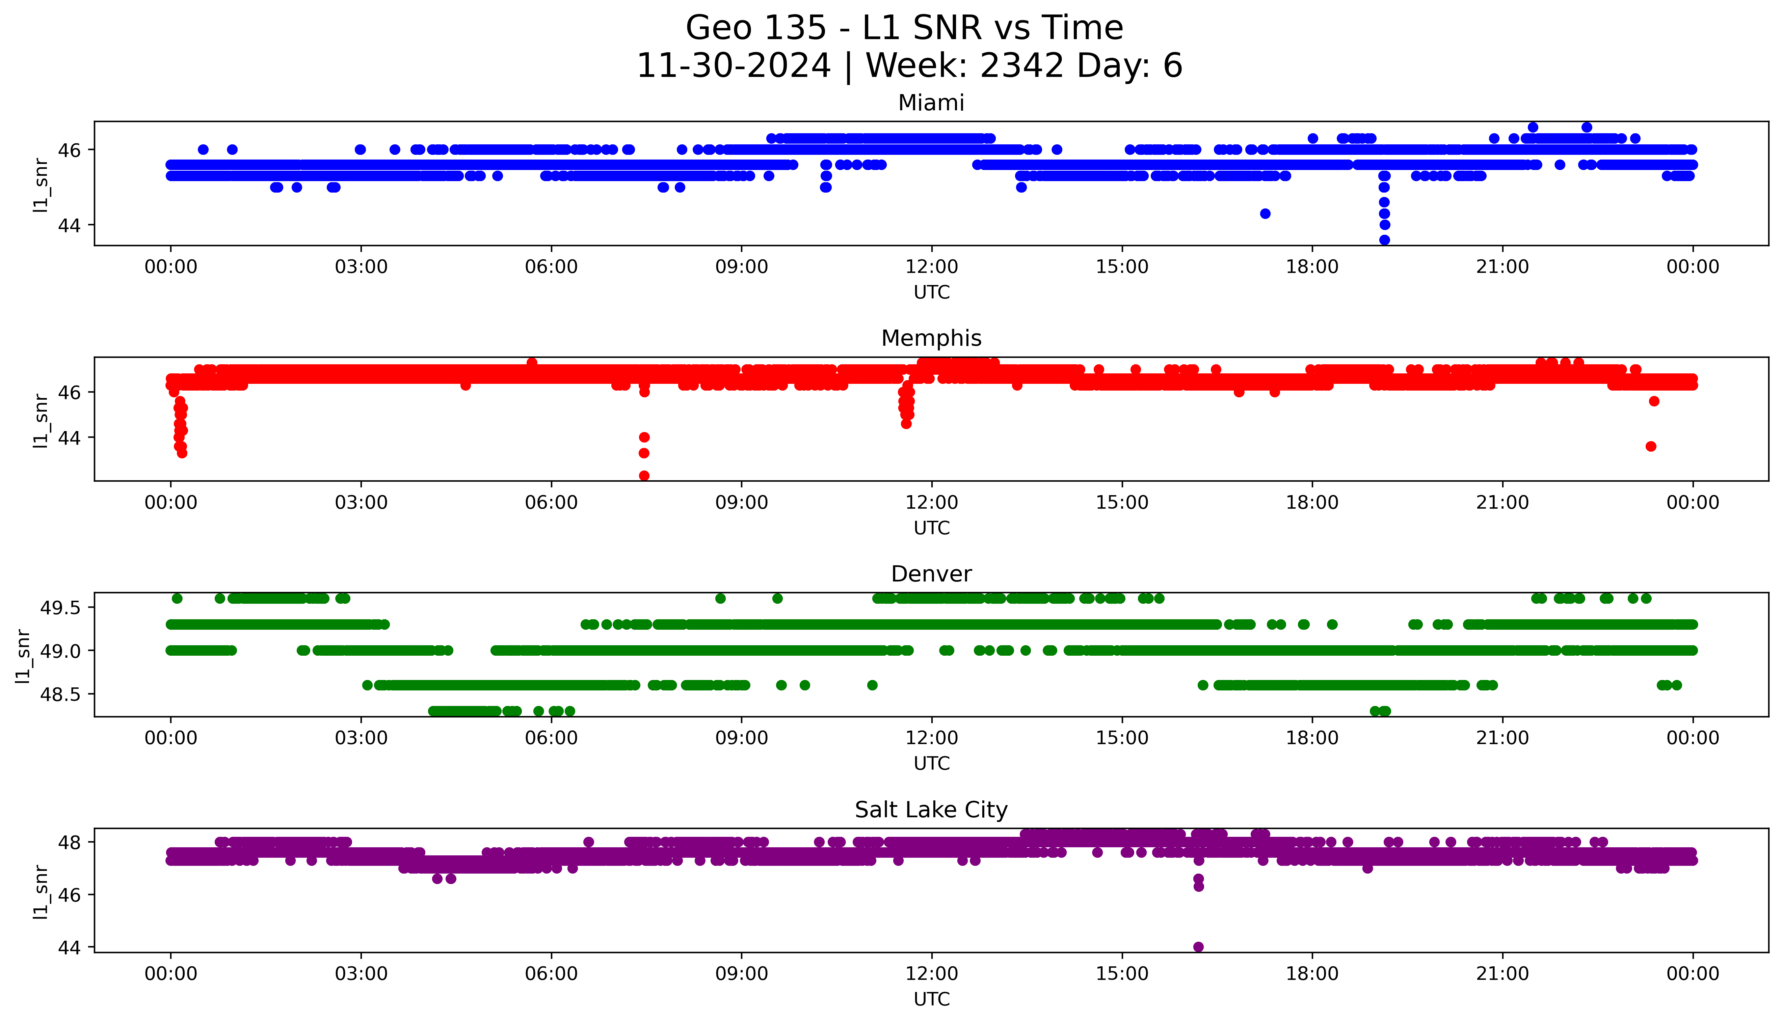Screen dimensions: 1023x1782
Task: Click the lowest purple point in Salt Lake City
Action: [x=1199, y=946]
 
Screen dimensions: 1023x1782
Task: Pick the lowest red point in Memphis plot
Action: [x=644, y=476]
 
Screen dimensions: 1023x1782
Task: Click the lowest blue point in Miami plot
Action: [x=1384, y=239]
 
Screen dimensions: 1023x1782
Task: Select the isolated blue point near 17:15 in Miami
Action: [x=1265, y=214]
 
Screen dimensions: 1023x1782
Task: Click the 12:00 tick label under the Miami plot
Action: [x=931, y=267]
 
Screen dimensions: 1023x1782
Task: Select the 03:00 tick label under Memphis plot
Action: [x=361, y=502]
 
